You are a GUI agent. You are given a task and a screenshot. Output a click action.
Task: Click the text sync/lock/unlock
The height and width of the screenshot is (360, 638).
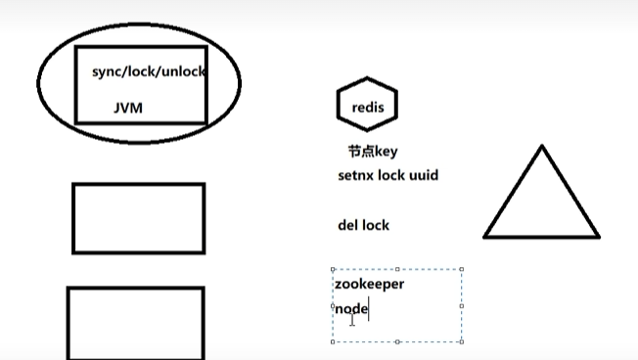[x=148, y=72]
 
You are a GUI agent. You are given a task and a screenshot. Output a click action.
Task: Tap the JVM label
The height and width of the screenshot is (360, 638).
[x=127, y=108]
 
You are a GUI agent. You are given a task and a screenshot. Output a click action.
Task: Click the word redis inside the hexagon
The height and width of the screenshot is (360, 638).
[x=367, y=105]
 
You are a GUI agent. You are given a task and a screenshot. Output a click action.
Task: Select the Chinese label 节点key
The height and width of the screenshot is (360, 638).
[x=372, y=152]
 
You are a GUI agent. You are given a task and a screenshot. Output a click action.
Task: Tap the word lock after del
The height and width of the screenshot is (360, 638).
[x=376, y=225]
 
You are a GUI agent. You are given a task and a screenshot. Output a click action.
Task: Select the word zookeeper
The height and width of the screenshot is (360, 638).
[x=369, y=284]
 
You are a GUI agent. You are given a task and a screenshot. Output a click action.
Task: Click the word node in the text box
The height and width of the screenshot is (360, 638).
[x=351, y=309]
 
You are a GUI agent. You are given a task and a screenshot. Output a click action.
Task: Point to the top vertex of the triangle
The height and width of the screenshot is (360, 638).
[x=541, y=147]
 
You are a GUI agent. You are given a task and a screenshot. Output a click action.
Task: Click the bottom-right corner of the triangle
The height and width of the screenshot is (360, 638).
[x=598, y=237]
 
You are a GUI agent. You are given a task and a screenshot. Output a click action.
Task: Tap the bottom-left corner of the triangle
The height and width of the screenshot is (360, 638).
[x=485, y=237]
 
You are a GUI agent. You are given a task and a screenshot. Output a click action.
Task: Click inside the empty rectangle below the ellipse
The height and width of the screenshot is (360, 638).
[x=138, y=218]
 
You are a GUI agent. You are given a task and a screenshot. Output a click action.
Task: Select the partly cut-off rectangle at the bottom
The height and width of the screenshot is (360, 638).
[x=135, y=323]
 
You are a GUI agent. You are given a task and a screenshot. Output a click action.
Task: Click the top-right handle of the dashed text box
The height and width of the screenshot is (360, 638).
[x=461, y=269]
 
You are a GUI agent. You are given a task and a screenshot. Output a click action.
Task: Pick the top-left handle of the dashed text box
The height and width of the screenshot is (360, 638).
[x=333, y=269]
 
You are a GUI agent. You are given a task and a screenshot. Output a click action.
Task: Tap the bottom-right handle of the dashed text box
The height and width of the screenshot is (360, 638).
[x=461, y=341]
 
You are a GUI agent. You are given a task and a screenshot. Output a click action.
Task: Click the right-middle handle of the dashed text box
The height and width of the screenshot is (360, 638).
[x=461, y=305]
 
